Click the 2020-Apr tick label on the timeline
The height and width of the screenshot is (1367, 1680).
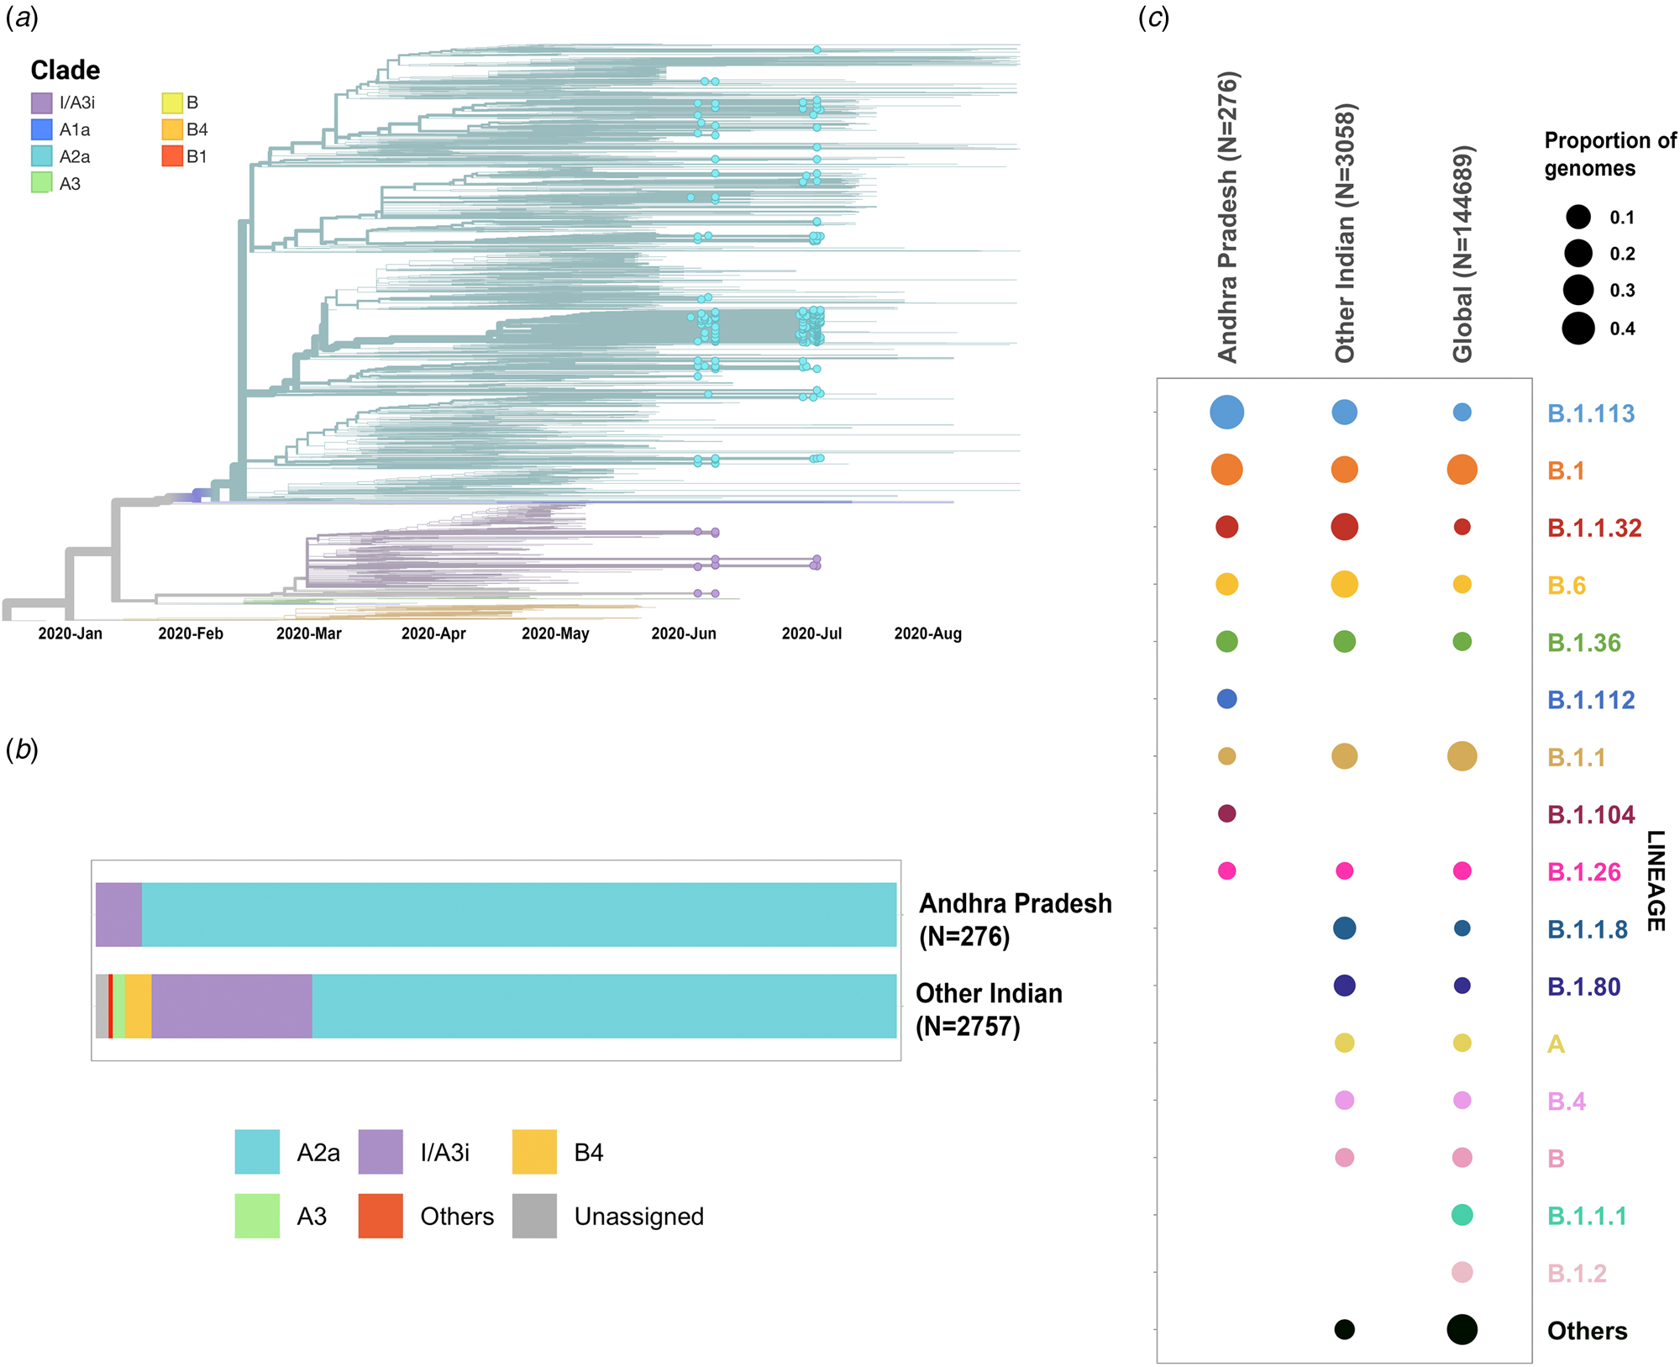pyautogui.click(x=433, y=634)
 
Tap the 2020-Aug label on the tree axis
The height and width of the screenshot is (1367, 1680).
pyautogui.click(x=927, y=634)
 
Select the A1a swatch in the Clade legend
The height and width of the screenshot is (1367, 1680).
pyautogui.click(x=42, y=129)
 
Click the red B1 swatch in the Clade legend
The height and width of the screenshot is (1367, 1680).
pyautogui.click(x=172, y=156)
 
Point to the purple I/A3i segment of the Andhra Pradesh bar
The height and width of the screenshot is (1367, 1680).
pyautogui.click(x=118, y=914)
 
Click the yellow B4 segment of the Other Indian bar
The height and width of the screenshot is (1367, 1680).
pyautogui.click(x=139, y=1006)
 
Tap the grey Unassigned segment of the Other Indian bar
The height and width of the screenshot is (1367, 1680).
pyautogui.click(x=102, y=1006)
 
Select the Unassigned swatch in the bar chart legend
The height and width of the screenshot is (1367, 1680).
pyautogui.click(x=534, y=1216)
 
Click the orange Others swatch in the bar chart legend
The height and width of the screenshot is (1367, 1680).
pyautogui.click(x=380, y=1216)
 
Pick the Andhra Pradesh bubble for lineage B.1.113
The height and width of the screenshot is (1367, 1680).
pyautogui.click(x=1226, y=413)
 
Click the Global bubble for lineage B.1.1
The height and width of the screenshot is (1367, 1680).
pyautogui.click(x=1462, y=756)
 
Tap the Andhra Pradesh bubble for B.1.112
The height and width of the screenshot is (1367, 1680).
pyautogui.click(x=1226, y=699)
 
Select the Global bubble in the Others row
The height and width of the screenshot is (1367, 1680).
pyautogui.click(x=1462, y=1329)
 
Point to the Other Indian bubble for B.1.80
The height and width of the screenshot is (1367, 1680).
pyautogui.click(x=1344, y=986)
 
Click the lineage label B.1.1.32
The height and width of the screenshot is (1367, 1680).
pyautogui.click(x=1594, y=528)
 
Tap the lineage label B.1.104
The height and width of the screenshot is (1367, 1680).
pyautogui.click(x=1591, y=815)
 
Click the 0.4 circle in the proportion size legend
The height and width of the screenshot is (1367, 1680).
pyautogui.click(x=1578, y=328)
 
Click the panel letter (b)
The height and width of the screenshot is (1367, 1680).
pyautogui.click(x=22, y=749)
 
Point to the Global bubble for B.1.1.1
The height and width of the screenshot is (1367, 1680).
pyautogui.click(x=1462, y=1215)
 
